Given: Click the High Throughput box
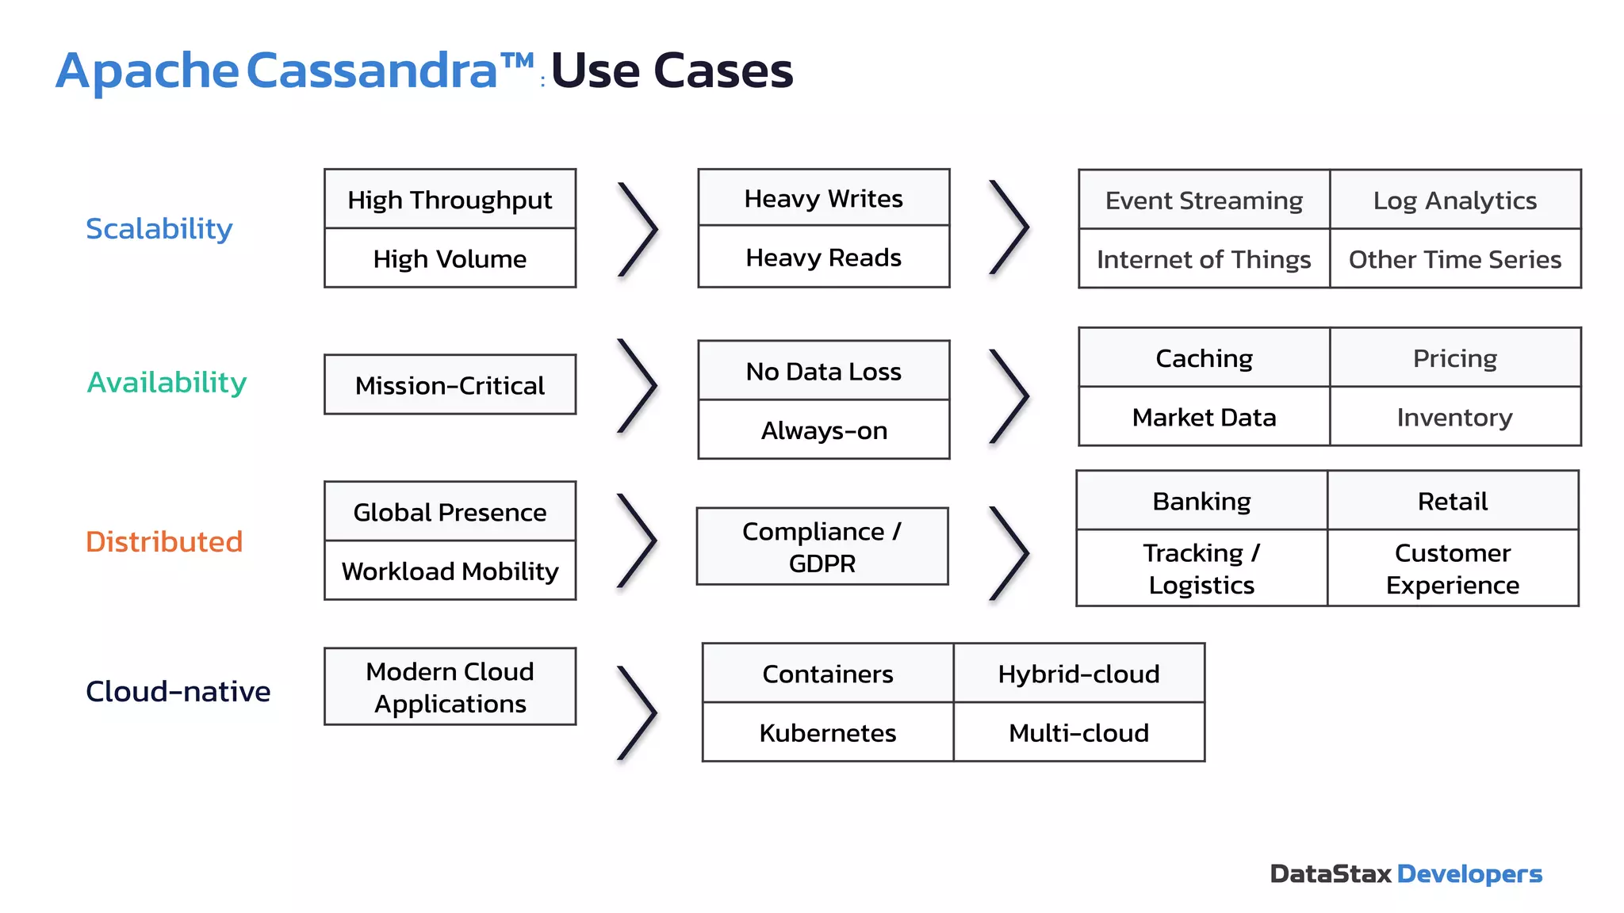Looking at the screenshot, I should point(450,200).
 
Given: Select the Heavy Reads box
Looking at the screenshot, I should point(823,258).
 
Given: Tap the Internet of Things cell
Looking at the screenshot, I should point(1203,259).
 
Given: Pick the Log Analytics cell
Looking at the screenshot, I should point(1454,201).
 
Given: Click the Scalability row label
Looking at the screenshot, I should point(159,228).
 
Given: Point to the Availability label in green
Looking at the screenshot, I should point(167,382).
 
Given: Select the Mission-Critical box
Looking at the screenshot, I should point(450,385).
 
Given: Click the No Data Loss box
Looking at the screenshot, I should point(823,371).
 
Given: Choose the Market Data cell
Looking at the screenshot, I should point(1203,417).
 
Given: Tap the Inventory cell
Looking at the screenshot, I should point(1454,417).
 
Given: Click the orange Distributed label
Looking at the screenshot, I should point(163,541).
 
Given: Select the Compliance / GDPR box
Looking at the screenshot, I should point(822,547).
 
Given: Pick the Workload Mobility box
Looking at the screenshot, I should point(450,571).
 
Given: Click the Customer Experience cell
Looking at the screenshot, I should point(1452,568).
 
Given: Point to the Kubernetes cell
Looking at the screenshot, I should point(827,732).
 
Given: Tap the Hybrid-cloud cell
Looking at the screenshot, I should point(1078,674).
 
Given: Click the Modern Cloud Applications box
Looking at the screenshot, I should point(450,687).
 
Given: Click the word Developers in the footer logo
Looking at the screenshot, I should point(1469,873).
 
